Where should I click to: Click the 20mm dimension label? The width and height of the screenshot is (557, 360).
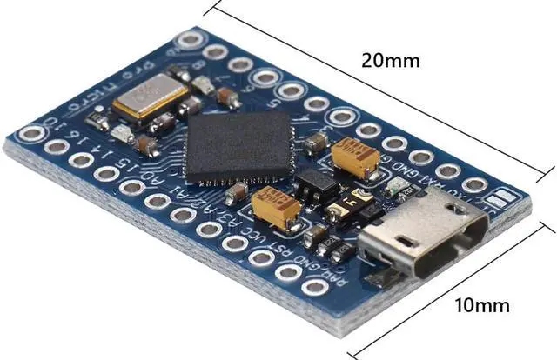[391, 61]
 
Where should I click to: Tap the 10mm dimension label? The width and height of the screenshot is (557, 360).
[481, 305]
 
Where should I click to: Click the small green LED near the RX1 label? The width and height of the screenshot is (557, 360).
[393, 186]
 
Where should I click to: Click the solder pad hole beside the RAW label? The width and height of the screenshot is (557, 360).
[314, 288]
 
